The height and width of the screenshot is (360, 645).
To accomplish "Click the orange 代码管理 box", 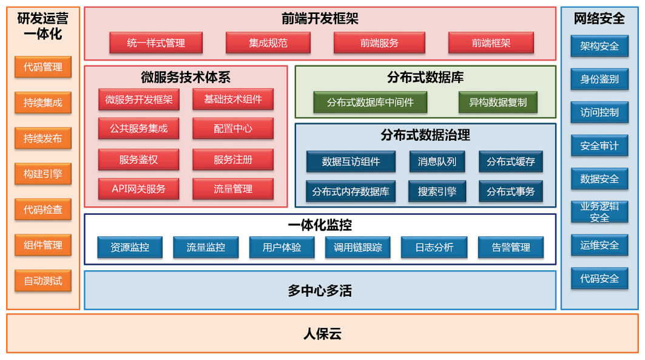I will coord(43,67).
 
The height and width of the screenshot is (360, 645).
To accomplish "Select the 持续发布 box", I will coord(43,138).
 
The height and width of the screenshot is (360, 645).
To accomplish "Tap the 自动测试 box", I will coord(43,281).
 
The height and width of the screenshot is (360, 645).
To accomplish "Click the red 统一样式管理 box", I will coord(156,43).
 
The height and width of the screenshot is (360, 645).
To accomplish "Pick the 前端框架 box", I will coord(491,43).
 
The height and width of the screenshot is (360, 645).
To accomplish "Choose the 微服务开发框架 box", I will coord(139,100).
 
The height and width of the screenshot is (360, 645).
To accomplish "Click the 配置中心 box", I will coord(233,129).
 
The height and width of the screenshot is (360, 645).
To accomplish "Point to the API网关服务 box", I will coord(139,189).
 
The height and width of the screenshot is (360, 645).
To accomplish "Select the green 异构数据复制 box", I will coord(498,102).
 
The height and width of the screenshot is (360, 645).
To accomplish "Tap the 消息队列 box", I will coord(437,161).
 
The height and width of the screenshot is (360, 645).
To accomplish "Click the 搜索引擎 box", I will coord(437,192).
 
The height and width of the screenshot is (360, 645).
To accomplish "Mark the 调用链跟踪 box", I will coord(358,248).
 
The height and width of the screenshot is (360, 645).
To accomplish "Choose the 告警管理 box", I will coord(510,248).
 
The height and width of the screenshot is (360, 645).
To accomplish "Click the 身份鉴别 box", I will coord(599,79).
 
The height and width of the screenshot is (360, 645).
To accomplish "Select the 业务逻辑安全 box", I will coord(599,211).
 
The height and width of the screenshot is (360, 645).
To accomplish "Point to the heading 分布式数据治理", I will coord(425,135).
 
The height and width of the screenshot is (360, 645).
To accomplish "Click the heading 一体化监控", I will coord(320,225).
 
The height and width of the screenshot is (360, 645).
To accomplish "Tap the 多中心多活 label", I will coord(320,291).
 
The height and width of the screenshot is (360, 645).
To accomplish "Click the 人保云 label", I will coord(322,333).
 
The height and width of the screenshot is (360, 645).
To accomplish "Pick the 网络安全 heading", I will coord(599,19).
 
